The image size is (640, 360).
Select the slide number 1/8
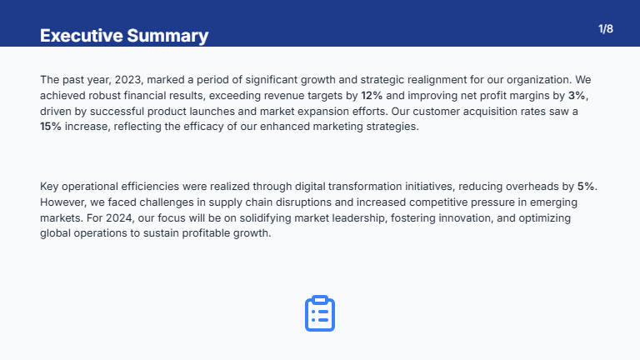[x=606, y=29]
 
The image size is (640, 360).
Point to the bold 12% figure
[x=372, y=96]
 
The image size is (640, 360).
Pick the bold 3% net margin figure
[x=577, y=96]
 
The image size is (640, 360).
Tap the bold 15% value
[x=50, y=127]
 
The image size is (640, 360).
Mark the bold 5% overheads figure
[x=587, y=187]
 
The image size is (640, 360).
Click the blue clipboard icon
[x=320, y=313]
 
